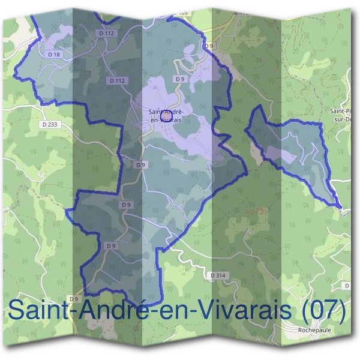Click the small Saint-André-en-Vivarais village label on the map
tap(166, 115)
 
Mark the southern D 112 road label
tap(118, 80)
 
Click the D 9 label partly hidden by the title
tap(74, 298)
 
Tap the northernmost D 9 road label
tap(209, 46)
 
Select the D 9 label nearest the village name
tap(179, 79)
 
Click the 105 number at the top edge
tap(183, 12)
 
